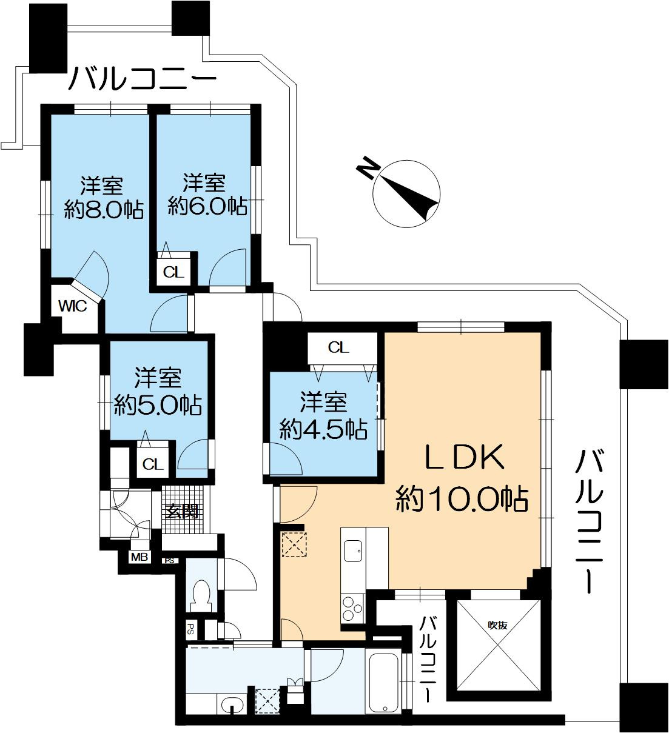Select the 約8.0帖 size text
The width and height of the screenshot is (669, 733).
click(104, 209)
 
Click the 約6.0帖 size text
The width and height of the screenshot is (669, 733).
click(207, 207)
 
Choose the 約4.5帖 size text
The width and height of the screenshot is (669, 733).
click(323, 429)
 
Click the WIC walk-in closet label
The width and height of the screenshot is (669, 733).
click(72, 306)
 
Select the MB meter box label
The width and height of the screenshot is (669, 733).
click(139, 557)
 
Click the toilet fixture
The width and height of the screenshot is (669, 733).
click(200, 595)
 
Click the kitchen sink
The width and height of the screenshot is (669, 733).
click(354, 551)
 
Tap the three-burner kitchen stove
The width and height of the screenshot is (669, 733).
click(351, 609)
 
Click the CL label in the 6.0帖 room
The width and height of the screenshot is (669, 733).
click(173, 272)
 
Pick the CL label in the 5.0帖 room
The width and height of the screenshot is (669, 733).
click(153, 464)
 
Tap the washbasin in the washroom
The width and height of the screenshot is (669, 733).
click(232, 705)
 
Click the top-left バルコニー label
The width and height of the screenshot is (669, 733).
click(143, 79)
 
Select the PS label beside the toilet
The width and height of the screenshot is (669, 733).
click(190, 628)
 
